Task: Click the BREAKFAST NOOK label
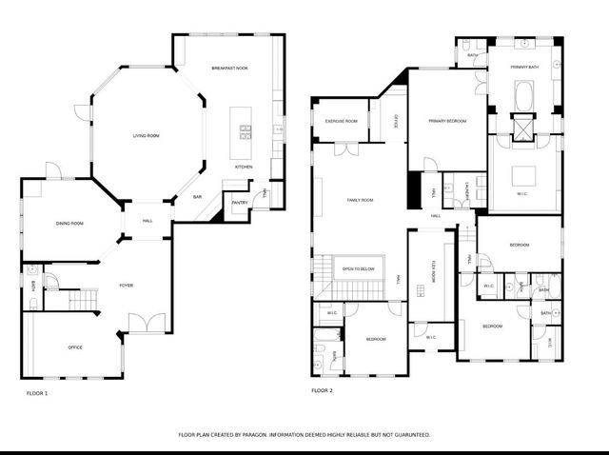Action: [x=229, y=69]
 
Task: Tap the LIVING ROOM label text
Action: [x=146, y=137]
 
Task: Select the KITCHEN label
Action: [x=244, y=168]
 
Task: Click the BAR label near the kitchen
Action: [x=197, y=197]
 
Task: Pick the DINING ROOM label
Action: [x=69, y=223]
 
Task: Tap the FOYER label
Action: [x=126, y=286]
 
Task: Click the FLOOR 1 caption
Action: [x=35, y=391]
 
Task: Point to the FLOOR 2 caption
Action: [x=322, y=390]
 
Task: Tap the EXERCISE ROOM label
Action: [x=341, y=122]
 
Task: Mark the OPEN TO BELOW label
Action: [x=359, y=269]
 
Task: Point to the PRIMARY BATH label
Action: [x=524, y=67]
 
